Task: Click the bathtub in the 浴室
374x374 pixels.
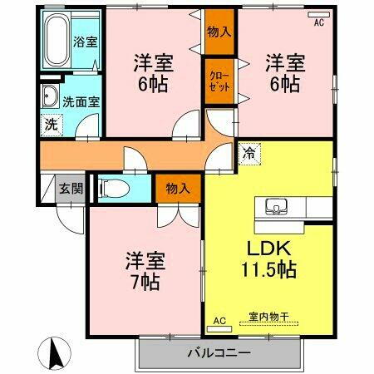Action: (x=57, y=40)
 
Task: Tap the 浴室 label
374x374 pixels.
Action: (x=84, y=42)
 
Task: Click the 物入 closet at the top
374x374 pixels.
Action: (x=219, y=31)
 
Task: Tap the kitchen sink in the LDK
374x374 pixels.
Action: (x=276, y=205)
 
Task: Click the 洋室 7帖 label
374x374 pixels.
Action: (x=144, y=270)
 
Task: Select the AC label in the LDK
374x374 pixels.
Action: (x=220, y=320)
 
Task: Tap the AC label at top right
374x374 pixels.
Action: (x=318, y=22)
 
